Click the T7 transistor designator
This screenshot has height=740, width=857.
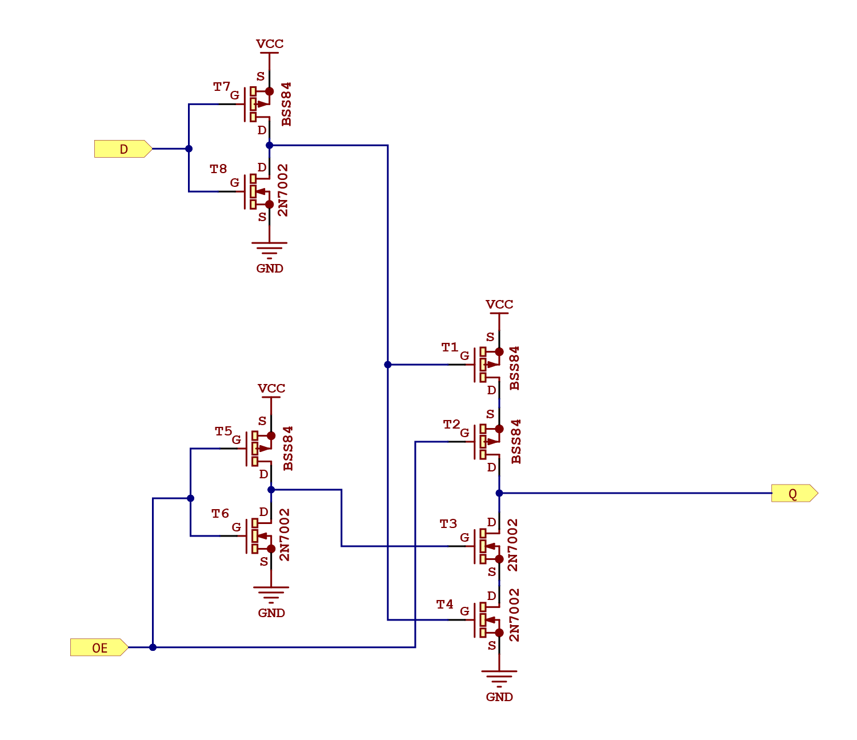click(x=221, y=87)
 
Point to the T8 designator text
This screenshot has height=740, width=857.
click(x=218, y=169)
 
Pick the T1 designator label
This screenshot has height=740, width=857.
click(x=450, y=347)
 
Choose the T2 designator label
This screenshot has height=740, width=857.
click(x=451, y=425)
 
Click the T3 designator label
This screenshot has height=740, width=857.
click(x=448, y=524)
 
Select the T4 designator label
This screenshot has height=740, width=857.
click(x=444, y=605)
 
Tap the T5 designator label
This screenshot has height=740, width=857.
click(x=223, y=431)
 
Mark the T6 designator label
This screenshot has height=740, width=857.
click(x=220, y=514)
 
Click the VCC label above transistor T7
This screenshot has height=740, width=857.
click(x=270, y=44)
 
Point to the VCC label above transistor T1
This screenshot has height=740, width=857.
click(x=499, y=305)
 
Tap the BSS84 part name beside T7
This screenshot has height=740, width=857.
click(x=286, y=104)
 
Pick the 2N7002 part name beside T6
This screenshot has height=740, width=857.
click(x=285, y=535)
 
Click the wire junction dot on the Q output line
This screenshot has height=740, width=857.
click(x=499, y=493)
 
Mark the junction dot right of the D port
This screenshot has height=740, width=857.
click(x=189, y=149)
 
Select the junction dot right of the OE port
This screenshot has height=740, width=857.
click(x=153, y=647)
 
